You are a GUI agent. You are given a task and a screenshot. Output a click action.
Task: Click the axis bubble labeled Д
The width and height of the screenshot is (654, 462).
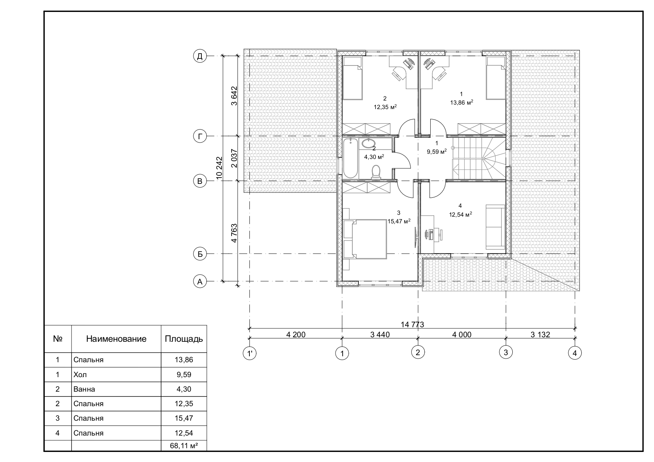[x=200, y=56]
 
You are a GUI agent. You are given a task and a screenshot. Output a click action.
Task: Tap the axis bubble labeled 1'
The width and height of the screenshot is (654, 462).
[x=249, y=353]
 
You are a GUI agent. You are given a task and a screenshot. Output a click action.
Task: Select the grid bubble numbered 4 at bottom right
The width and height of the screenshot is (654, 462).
[x=575, y=353]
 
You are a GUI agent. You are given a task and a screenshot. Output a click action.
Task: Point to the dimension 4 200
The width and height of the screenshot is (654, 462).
[x=296, y=335]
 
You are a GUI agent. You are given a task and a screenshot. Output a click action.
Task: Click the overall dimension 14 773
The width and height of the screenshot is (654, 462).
[x=412, y=324]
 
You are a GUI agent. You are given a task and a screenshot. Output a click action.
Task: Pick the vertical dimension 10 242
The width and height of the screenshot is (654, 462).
[x=219, y=169]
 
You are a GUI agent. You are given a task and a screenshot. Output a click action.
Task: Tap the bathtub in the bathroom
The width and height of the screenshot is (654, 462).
[x=350, y=158]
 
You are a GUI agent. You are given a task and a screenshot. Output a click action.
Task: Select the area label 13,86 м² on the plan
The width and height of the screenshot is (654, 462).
[x=462, y=103]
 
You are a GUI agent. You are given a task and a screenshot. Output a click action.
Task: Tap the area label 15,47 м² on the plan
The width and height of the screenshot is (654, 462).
[x=399, y=221]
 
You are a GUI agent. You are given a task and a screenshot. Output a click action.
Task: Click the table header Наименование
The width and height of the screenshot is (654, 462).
[x=116, y=339]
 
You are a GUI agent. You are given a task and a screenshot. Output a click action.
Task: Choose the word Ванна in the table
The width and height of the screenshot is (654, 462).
[x=84, y=389]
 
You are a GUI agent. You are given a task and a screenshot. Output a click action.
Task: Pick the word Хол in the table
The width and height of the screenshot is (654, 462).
[x=80, y=375]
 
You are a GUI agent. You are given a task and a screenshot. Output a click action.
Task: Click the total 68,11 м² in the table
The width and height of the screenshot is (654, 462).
[x=184, y=446]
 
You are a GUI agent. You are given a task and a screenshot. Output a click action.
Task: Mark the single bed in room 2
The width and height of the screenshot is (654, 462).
[x=353, y=78]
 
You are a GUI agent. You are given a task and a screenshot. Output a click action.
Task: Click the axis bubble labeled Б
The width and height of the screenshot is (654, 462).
[x=200, y=254]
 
